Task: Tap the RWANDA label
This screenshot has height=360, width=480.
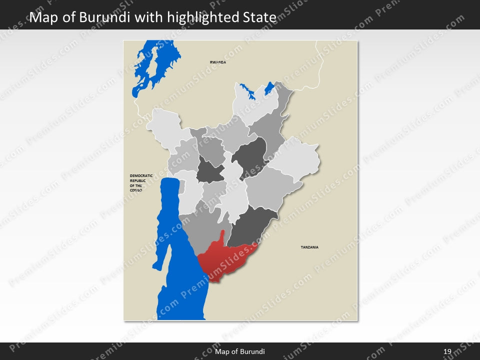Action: click(218, 62)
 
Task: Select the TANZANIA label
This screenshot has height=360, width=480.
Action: click(309, 247)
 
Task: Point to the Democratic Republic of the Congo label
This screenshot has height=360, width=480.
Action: click(141, 183)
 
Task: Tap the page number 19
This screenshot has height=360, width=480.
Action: click(447, 351)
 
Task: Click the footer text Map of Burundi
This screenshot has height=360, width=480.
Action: click(239, 351)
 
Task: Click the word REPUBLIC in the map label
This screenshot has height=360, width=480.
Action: click(138, 180)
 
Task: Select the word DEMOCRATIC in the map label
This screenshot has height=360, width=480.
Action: click(141, 175)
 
